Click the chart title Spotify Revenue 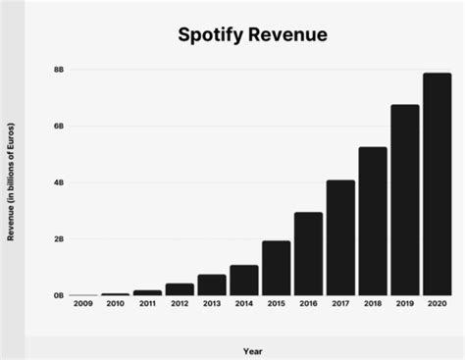(252, 36)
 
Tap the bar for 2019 (404, 200)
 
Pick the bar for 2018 (372, 222)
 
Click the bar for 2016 (308, 254)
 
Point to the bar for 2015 (276, 268)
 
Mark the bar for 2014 (243, 281)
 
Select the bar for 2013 (211, 285)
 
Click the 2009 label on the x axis (83, 306)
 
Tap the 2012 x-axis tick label (180, 306)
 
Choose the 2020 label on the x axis (437, 306)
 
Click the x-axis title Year (252, 349)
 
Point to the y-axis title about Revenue (11, 183)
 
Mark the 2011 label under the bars (147, 306)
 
